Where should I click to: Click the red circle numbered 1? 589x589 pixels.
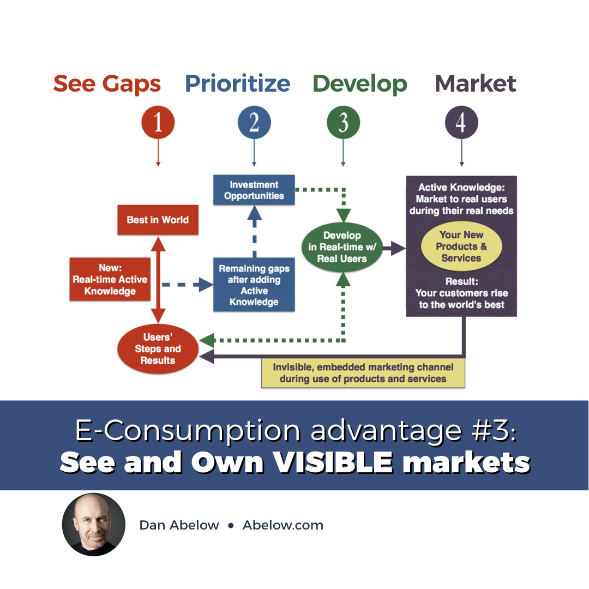[158, 123]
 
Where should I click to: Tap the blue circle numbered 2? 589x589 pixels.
[254, 123]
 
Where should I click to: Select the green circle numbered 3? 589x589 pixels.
[343, 123]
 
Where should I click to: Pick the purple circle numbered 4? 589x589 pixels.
[461, 123]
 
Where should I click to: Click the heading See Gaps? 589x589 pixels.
[107, 84]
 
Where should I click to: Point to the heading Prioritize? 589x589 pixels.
[238, 84]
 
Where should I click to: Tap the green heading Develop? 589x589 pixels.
[360, 84]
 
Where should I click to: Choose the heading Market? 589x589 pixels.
[476, 84]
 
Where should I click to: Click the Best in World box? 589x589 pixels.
[158, 220]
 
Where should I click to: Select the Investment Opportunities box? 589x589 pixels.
[254, 190]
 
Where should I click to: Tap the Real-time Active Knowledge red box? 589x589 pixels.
[110, 279]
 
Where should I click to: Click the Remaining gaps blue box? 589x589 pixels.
[254, 285]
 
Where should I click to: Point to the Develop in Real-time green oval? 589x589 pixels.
[342, 247]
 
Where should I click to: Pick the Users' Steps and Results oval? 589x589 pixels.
[158, 348]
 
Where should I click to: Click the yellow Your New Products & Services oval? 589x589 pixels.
[461, 247]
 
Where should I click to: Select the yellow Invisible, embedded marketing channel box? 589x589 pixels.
[363, 373]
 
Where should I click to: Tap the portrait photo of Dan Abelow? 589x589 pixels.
[94, 525]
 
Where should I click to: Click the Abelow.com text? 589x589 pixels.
[283, 525]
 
